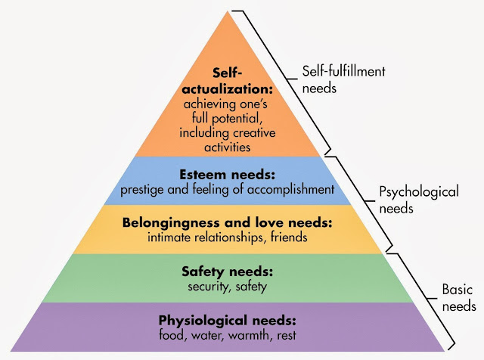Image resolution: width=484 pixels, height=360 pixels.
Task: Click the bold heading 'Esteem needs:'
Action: [227, 175]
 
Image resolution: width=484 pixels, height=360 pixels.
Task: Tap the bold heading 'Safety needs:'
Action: [228, 272]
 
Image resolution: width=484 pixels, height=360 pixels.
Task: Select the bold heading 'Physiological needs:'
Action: [228, 321]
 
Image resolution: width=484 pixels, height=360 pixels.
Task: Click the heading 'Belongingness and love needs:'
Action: [228, 222]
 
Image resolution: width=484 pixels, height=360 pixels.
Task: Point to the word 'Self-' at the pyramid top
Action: [228, 73]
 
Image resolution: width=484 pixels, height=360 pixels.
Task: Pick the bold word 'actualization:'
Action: [228, 89]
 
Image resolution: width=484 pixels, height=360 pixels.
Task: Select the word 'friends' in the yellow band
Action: [289, 237]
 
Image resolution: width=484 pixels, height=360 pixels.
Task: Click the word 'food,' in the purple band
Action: [173, 335]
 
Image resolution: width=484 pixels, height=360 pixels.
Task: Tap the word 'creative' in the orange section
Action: [254, 133]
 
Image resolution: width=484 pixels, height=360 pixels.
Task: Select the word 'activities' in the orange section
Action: [228, 147]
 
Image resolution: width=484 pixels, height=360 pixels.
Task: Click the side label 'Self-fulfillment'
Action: [343, 71]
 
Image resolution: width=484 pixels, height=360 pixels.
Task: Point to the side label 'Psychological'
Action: [419, 192]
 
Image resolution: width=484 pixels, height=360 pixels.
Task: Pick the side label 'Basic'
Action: [457, 290]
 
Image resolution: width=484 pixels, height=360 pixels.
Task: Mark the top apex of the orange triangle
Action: [228, 11]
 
